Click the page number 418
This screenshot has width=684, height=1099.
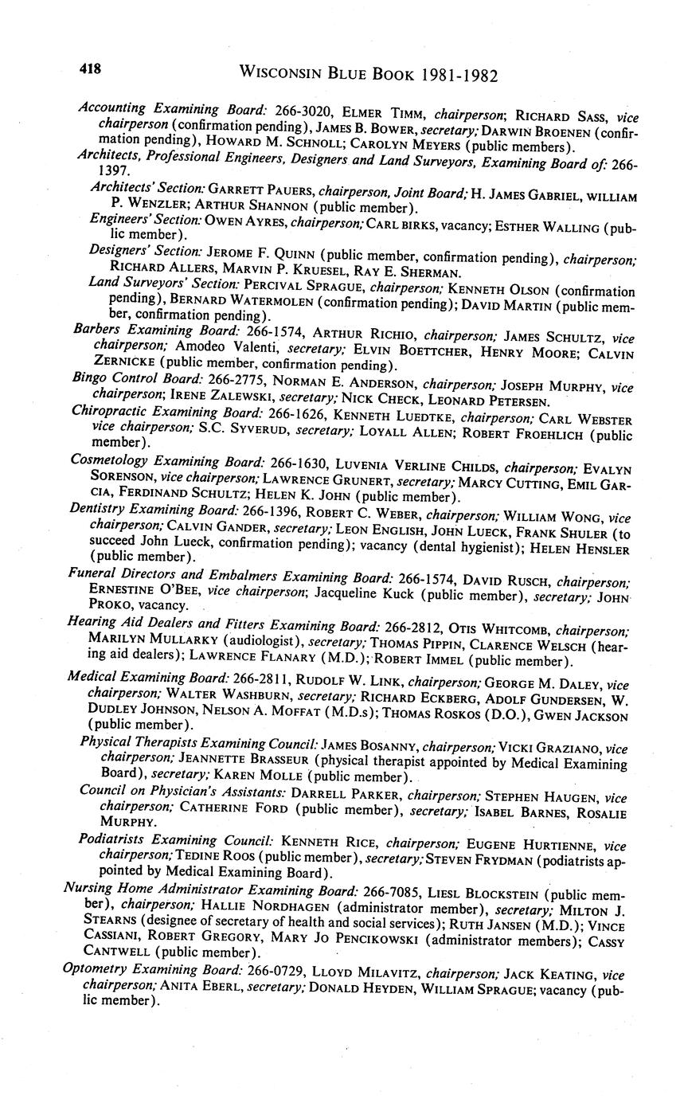(89, 69)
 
